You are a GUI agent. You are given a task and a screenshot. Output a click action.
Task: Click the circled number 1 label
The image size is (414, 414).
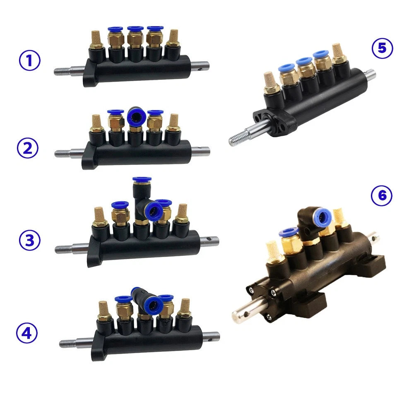coord(29,60)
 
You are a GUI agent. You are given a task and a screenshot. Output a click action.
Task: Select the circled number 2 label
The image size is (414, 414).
coord(28,148)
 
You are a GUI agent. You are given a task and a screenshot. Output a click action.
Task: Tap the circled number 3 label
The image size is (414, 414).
coord(29,240)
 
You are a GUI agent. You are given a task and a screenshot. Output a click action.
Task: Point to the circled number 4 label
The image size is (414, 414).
coord(26,333)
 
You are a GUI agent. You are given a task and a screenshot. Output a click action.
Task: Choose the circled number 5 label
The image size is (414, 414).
coord(382,48)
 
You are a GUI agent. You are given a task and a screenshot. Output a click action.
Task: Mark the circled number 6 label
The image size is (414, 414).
coord(382,196)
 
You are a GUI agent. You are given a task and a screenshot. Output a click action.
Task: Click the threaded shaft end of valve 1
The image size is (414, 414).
coord(63,71)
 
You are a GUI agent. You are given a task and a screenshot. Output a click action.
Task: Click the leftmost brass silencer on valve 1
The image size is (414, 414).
coord(96,40)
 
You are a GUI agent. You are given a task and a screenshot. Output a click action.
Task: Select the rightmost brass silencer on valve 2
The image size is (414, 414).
coord(173,123)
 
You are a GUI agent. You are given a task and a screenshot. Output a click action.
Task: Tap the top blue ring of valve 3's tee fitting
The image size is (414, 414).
coord(142,179)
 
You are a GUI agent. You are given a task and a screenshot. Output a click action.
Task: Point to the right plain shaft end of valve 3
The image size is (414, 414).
coord(209,241)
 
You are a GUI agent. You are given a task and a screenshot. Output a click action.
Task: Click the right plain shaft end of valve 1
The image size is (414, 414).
coord(200,66)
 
